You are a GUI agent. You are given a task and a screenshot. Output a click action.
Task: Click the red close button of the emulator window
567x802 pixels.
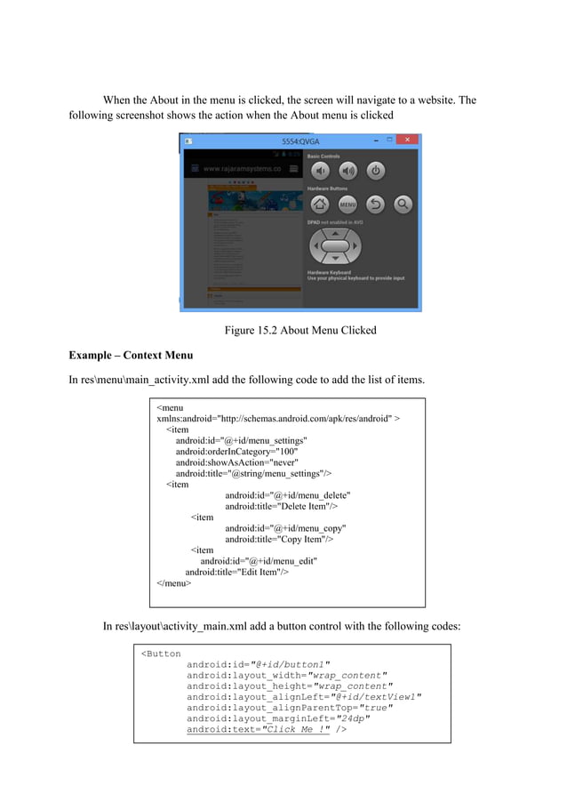tap(408, 140)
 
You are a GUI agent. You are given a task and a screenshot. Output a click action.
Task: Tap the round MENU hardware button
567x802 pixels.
tap(347, 204)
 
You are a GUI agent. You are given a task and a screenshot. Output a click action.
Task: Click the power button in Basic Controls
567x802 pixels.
tap(375, 171)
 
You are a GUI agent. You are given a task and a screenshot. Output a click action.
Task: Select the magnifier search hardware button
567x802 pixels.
tap(403, 204)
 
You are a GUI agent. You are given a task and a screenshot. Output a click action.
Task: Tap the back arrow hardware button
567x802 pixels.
tap(375, 204)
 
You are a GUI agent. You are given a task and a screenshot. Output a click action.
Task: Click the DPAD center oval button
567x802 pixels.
tap(334, 245)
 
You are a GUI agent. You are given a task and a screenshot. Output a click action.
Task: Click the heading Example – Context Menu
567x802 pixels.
tap(131, 356)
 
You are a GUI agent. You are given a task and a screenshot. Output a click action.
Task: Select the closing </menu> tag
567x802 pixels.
tap(174, 583)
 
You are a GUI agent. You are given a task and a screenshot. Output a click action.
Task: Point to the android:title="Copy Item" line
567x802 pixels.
tap(279, 539)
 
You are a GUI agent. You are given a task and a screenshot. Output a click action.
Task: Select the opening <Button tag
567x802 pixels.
tap(161, 654)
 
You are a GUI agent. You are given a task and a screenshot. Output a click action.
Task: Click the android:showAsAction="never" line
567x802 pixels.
tap(236, 462)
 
